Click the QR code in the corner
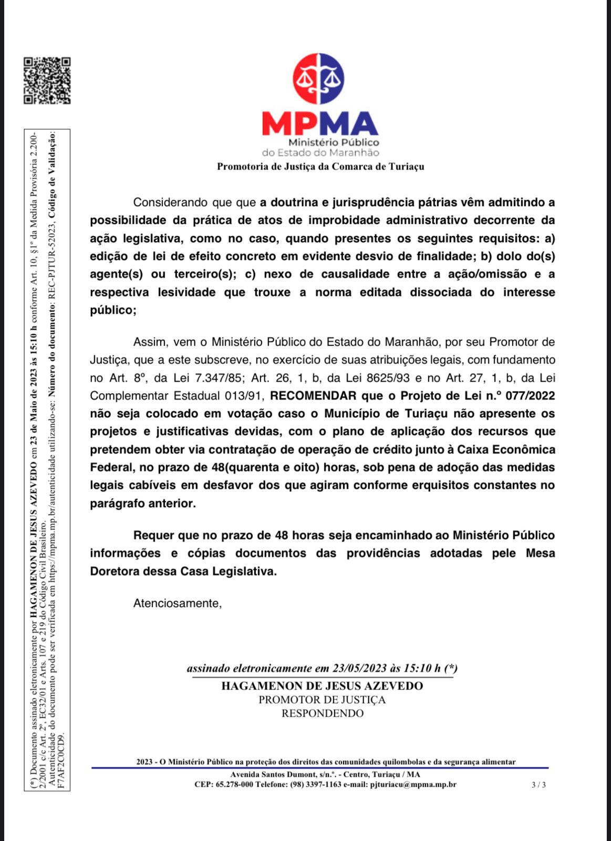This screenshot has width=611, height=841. (47, 80)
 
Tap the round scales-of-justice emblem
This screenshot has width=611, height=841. (318, 79)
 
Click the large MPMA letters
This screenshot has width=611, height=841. (320, 124)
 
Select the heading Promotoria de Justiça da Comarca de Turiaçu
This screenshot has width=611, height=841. (320, 167)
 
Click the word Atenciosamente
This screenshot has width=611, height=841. (178, 603)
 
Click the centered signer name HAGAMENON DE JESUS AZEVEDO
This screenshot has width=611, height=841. (322, 686)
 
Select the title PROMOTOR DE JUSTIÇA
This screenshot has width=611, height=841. (322, 700)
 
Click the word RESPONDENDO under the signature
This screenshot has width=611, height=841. (322, 714)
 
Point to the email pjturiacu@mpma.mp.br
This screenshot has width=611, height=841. (413, 785)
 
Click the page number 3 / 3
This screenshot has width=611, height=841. (538, 785)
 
